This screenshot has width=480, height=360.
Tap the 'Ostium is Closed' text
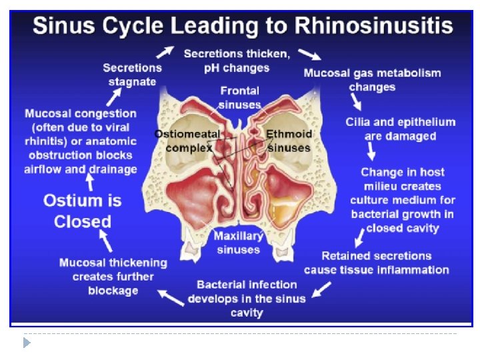click(82, 211)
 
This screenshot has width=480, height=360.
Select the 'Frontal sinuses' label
click(239, 97)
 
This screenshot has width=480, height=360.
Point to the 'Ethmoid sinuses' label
click(289, 141)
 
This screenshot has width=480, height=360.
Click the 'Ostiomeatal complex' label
click(187, 141)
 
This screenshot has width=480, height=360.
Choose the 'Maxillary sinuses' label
click(238, 243)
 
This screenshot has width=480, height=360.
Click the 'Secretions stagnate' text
click(132, 75)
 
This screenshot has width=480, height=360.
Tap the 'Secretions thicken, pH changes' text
click(236, 60)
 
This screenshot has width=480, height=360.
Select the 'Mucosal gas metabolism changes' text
click(372, 80)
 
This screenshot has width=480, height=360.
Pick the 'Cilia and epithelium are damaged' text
click(400, 129)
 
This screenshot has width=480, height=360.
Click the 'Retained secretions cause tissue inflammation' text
click(376, 263)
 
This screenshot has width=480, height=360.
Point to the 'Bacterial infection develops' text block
click(247, 298)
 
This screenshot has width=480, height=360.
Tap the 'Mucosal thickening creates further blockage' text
click(113, 277)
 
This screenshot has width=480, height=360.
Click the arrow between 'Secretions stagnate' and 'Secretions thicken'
click(166, 51)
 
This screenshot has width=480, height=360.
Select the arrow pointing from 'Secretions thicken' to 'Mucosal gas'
click(309, 53)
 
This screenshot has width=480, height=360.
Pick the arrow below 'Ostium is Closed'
click(103, 239)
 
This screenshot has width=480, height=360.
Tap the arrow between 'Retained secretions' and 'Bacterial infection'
click(322, 289)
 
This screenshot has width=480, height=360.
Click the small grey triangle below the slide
click(27, 343)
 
